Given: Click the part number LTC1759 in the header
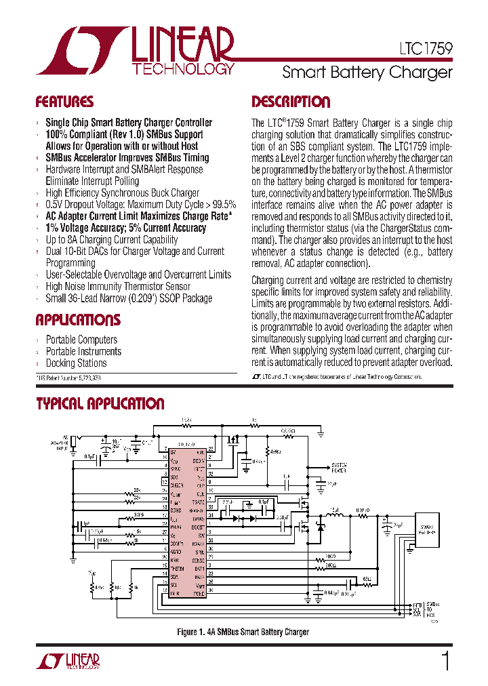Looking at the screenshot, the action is (424, 49).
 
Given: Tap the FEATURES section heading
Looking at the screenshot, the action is (64, 102).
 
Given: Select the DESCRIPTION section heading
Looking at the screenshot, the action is (291, 102).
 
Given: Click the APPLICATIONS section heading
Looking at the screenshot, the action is (78, 320).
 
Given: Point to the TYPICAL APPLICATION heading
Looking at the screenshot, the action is (100, 404).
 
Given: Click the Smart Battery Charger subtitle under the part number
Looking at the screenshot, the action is (367, 72).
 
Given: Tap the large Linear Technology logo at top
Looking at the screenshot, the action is (136, 51).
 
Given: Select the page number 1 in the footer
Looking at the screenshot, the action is (445, 661).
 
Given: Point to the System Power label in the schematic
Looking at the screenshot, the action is (340, 468).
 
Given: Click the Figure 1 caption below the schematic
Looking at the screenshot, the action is (243, 632).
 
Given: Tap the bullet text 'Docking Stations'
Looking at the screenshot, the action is (76, 363).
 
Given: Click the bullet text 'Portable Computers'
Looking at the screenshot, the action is (81, 340).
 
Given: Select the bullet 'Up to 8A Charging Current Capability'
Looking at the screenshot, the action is (112, 239).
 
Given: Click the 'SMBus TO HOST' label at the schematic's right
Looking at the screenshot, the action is (434, 610).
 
